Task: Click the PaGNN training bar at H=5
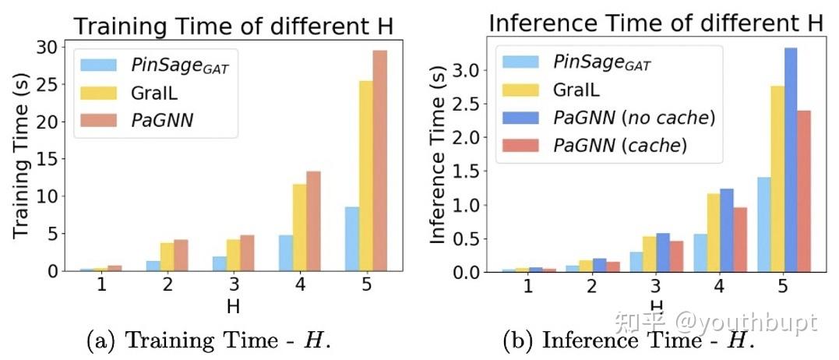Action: point(380,161)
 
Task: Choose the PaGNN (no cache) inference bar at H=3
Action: point(664,253)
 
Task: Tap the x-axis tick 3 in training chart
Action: point(233,284)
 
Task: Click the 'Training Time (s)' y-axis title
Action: point(19,159)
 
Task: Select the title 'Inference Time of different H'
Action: point(655,22)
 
